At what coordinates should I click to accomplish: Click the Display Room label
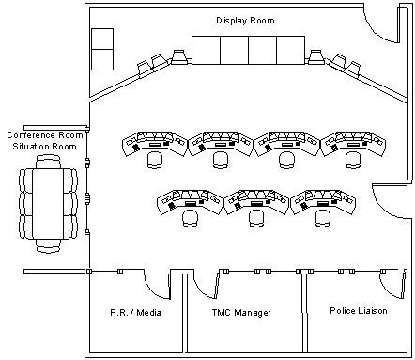(245, 21)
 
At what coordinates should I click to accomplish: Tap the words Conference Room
(45, 135)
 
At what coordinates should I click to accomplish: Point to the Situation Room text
(44, 147)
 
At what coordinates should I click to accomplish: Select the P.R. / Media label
(135, 313)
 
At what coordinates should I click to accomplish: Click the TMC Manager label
(241, 313)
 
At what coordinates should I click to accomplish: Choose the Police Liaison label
(359, 311)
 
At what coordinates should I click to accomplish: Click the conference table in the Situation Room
(48, 204)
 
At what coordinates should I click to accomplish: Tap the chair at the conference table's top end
(48, 162)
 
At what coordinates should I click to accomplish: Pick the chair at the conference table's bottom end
(48, 245)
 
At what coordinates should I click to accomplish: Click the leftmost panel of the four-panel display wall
(206, 50)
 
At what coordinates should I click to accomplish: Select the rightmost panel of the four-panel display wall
(291, 50)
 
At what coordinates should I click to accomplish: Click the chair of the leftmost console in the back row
(155, 160)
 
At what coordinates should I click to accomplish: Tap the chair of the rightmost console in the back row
(353, 160)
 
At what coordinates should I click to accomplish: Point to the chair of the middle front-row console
(256, 218)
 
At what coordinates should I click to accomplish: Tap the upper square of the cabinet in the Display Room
(102, 39)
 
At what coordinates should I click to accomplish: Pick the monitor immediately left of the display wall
(179, 56)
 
